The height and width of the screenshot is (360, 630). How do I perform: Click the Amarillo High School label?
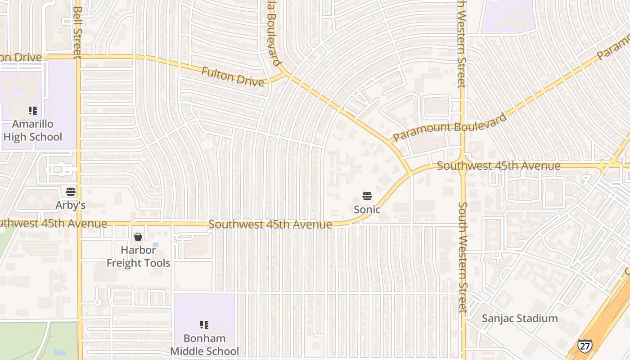tap(32, 130)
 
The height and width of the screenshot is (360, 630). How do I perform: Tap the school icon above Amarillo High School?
tap(32, 110)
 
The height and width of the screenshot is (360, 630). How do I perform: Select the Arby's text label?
tap(71, 205)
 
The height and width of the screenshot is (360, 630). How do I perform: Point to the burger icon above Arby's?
tap(71, 192)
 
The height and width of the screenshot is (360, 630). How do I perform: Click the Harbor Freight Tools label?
tap(138, 256)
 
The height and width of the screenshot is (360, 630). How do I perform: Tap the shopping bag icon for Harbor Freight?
tap(138, 237)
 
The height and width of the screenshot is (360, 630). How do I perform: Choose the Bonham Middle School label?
tap(204, 345)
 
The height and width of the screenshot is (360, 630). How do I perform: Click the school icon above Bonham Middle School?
tap(204, 324)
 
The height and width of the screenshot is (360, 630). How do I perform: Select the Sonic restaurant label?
tap(367, 210)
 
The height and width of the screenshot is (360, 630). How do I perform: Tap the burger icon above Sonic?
tap(367, 196)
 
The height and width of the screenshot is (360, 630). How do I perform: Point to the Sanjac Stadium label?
tap(520, 319)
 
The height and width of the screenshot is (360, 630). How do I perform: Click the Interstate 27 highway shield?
tap(585, 346)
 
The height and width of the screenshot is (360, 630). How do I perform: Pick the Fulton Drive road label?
tap(233, 77)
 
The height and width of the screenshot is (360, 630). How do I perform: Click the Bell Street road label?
tap(77, 31)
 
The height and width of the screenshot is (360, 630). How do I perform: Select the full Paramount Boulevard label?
tap(450, 127)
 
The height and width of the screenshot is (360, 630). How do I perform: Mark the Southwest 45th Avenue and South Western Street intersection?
tap(463, 166)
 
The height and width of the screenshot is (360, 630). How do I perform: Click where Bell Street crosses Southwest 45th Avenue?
tap(79, 223)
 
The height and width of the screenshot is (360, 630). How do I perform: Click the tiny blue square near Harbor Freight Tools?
tap(156, 245)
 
